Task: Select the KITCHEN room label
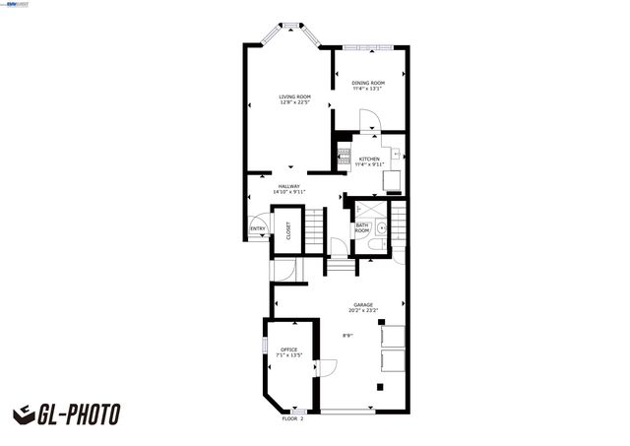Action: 369,160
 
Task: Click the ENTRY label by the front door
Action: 258,229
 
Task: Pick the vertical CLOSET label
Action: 288,231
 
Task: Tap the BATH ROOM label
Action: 362,228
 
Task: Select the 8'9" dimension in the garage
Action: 347,336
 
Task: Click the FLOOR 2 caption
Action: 293,418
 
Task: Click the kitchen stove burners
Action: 345,155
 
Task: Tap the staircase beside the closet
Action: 313,231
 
